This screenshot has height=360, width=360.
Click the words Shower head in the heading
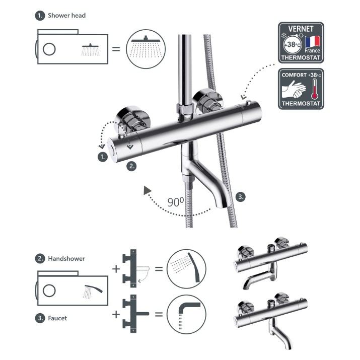pos(66,16)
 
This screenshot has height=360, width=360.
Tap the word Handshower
pos(66,259)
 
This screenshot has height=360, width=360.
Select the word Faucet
pos(57,318)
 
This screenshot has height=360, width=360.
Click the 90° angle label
pos(176,202)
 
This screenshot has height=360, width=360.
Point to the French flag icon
pos(313,42)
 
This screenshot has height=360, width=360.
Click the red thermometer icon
pos(315,89)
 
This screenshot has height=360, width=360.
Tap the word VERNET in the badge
pos(301,29)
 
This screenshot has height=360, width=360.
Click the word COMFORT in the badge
pos(294,75)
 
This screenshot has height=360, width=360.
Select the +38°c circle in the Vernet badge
pos(292,44)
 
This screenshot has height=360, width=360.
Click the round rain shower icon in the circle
pos(146,49)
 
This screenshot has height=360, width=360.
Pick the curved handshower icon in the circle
pos(186,269)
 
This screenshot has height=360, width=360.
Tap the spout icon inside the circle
pos(186,314)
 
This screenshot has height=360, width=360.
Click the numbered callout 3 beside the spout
pos(240,197)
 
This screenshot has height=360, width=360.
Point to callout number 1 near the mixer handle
pos(103,157)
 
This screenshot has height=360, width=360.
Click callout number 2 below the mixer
pos(131,166)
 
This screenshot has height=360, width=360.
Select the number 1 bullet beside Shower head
pos(40,16)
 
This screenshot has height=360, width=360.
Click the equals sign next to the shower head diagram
pos(116,49)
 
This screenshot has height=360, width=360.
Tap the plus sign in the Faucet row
pos(116,314)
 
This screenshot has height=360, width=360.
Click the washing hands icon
pos(294,89)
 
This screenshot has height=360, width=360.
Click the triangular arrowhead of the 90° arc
pos(147,190)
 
